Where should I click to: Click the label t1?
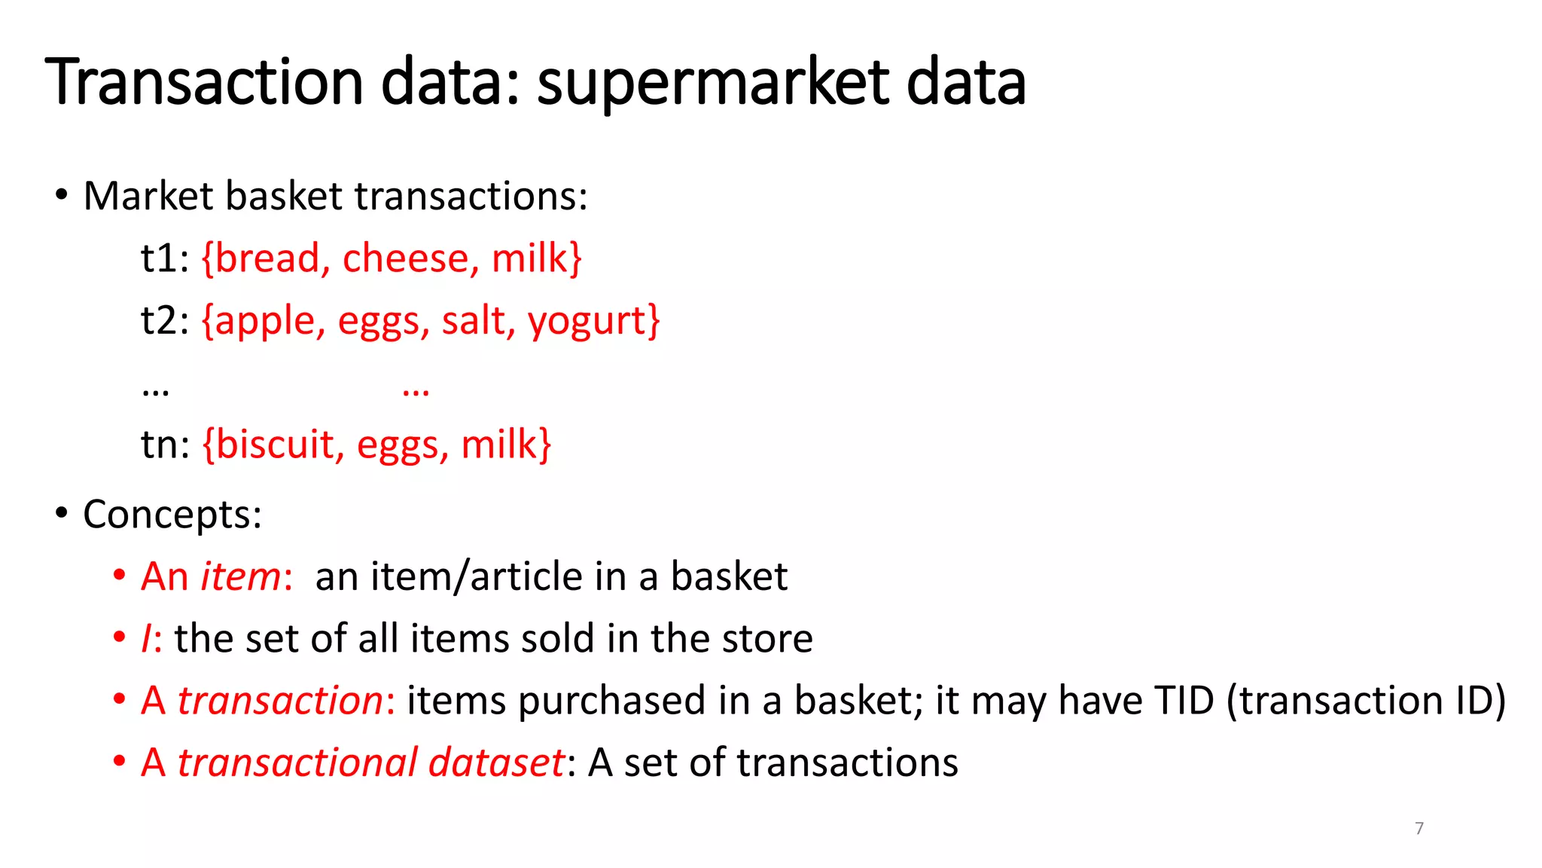coord(164,258)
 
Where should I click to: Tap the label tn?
coord(166,445)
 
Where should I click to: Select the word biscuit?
coord(275,445)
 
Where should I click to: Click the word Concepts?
coord(172,515)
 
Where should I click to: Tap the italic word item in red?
coord(240,577)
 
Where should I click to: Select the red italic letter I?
coord(146,639)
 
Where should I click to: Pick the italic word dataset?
coord(495,763)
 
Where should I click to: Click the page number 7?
coord(1419,828)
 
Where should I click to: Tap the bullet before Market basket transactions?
coord(62,196)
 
